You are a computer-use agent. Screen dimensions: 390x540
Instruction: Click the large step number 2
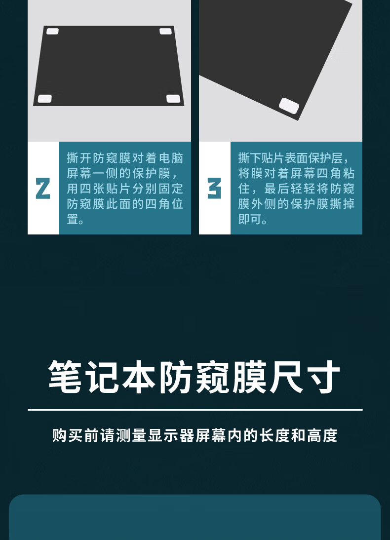click(x=43, y=189)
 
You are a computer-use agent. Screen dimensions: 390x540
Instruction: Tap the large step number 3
click(x=214, y=189)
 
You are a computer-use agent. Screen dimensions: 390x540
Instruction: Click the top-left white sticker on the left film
click(x=52, y=31)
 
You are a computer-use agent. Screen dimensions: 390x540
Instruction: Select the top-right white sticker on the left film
click(x=166, y=31)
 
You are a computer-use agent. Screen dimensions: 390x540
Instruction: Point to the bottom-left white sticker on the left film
click(x=45, y=99)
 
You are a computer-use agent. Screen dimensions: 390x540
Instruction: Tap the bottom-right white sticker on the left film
click(x=173, y=99)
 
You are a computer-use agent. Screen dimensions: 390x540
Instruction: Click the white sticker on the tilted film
click(x=289, y=106)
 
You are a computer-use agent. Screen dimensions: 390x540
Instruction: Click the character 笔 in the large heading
click(x=66, y=377)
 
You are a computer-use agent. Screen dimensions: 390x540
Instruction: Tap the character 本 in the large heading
click(x=139, y=377)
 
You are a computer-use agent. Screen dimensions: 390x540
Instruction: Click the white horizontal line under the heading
click(x=195, y=410)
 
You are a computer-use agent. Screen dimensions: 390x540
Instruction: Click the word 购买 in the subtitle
click(x=68, y=436)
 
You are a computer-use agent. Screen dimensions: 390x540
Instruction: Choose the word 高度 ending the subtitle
click(x=322, y=436)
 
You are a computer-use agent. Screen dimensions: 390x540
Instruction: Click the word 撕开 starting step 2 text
click(x=79, y=158)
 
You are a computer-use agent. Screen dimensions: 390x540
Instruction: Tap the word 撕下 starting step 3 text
click(x=250, y=158)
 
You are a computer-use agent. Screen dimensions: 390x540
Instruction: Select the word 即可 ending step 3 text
click(x=250, y=219)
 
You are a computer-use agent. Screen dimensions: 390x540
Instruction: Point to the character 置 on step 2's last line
click(x=73, y=219)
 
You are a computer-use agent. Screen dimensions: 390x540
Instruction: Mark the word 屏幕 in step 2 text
click(x=79, y=173)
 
